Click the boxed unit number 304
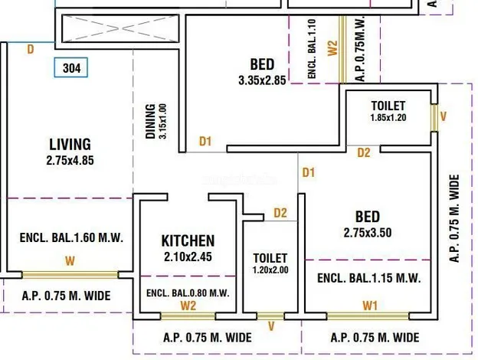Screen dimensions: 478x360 71,67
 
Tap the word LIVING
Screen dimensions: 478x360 70,145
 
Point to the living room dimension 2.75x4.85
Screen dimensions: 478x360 70,160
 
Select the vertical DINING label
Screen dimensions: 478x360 150,121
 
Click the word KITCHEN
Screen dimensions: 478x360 188,241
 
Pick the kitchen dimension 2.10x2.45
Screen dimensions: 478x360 188,257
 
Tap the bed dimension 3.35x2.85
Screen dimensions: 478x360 262,80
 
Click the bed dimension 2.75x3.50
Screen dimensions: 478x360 368,233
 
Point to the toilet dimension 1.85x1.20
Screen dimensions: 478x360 388,117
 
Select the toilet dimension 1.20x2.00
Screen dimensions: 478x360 270,270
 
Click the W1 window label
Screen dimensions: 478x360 370,306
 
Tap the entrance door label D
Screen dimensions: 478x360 30,49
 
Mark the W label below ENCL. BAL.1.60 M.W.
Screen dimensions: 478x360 70,261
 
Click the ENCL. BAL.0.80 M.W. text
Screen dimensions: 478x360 188,293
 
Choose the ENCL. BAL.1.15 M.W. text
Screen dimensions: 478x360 369,278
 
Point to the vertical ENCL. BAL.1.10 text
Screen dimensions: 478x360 312,49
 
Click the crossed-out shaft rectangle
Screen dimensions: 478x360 120,28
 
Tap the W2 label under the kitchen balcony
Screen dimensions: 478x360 188,306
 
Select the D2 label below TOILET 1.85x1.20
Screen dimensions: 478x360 364,152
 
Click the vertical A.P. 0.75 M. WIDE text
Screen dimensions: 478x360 454,218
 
